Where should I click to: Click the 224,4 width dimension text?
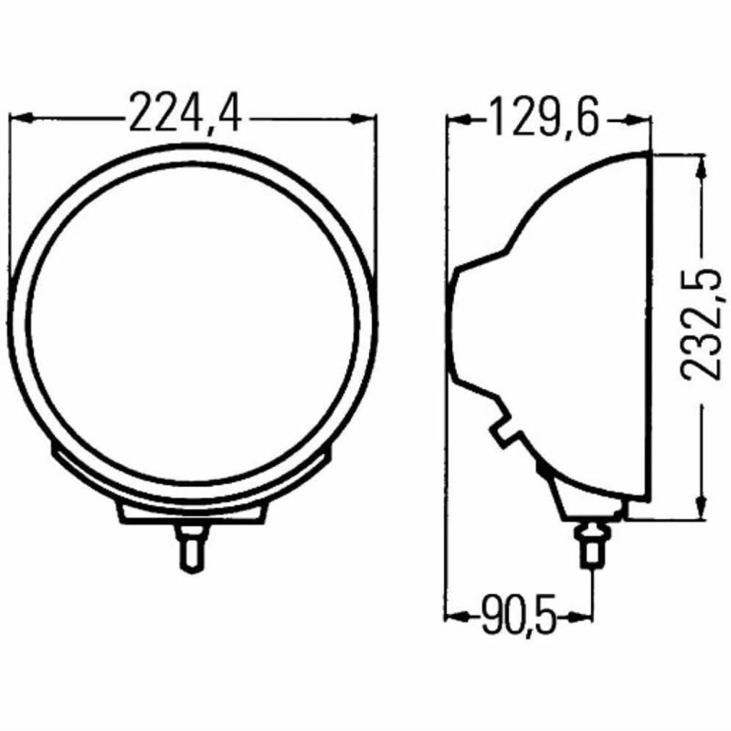[x=185, y=113]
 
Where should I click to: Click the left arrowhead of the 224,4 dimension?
[x=21, y=118]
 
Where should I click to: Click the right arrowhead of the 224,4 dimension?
[x=364, y=119]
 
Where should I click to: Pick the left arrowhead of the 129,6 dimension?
[x=458, y=120]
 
